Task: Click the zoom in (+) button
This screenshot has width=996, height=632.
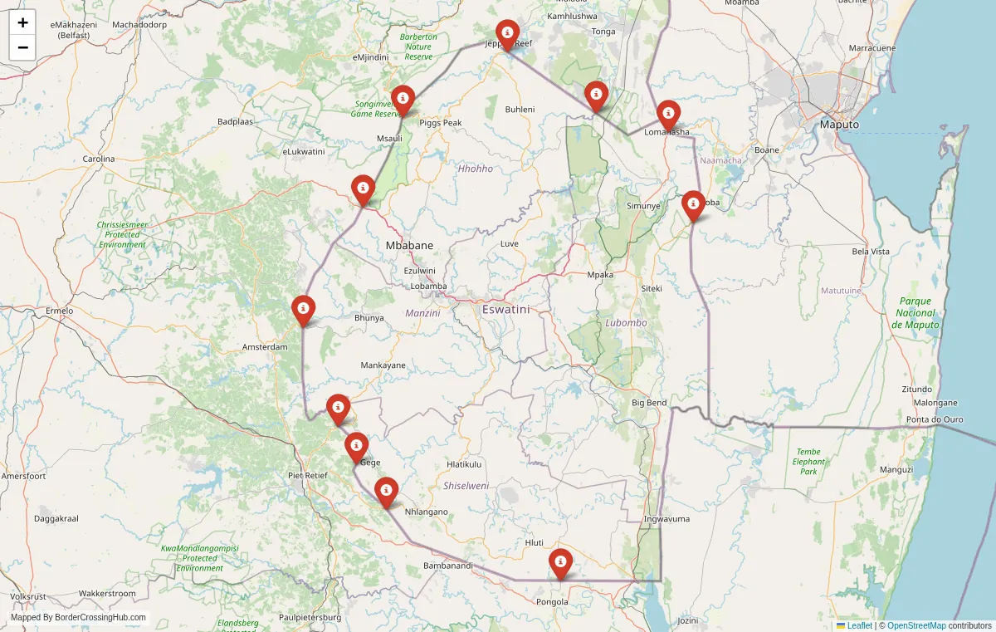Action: point(22,22)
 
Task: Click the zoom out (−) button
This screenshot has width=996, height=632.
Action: point(22,47)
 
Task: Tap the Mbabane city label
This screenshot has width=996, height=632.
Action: point(409,246)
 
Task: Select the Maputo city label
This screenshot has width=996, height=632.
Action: point(839,125)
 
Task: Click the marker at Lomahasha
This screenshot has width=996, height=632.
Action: point(668,115)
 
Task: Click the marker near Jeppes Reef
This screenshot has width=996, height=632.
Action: point(506,35)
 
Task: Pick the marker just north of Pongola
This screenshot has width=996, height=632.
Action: point(561,563)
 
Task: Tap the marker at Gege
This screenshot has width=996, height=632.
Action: point(356,447)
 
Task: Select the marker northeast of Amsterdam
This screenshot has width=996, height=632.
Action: point(304,310)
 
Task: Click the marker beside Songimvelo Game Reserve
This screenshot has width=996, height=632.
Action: point(403,100)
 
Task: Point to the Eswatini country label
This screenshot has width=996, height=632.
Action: point(505,309)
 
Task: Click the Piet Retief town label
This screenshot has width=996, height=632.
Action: point(307,475)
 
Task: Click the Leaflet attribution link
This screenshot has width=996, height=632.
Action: point(859,625)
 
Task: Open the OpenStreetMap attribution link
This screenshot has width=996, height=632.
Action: point(916,625)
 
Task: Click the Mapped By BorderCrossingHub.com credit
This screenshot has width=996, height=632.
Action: point(78,618)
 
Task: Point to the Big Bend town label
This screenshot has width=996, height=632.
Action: point(649,403)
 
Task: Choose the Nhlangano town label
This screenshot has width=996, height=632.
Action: point(426,512)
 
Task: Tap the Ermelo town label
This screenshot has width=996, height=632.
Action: point(59,311)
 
